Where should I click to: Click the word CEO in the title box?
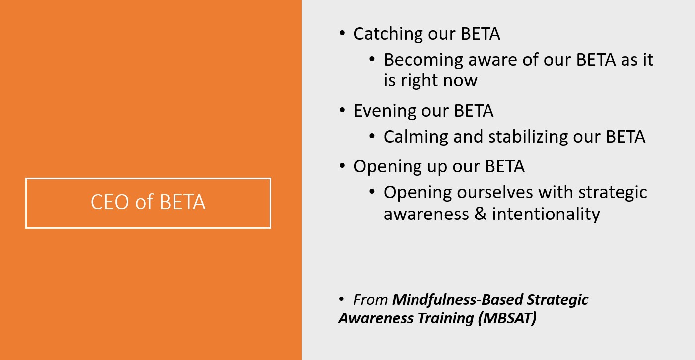[110, 202]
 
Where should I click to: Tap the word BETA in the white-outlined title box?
[183, 202]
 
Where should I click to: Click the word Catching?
[388, 34]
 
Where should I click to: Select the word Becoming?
[423, 60]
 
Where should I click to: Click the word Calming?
[416, 137]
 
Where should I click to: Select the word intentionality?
[546, 215]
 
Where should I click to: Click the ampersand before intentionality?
[481, 214]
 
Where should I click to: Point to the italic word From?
[371, 300]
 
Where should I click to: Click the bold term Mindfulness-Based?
[457, 300]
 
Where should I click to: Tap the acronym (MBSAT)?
[507, 318]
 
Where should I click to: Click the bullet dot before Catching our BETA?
[342, 33]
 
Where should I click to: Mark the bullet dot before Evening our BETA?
[342, 110]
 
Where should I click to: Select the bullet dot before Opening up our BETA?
[342, 166]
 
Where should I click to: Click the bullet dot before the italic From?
[342, 299]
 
